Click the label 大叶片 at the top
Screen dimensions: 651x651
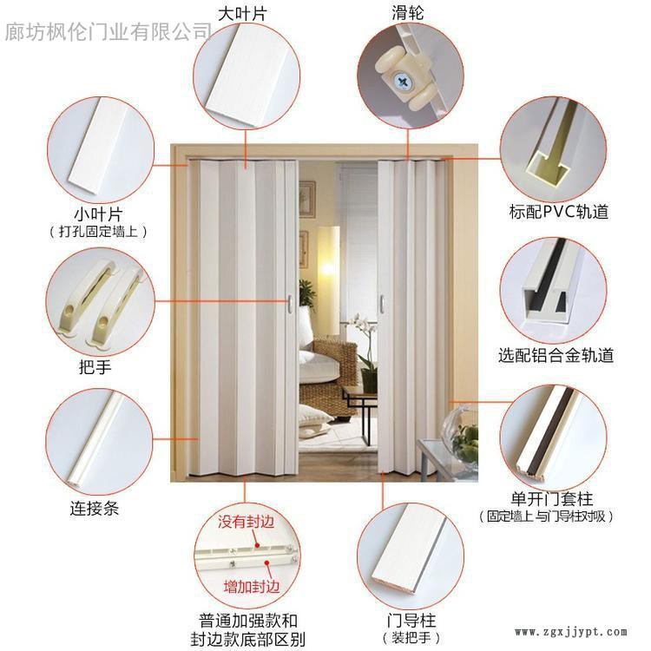(x=242, y=14)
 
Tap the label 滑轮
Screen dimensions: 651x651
(x=408, y=13)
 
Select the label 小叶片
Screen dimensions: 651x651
(x=98, y=214)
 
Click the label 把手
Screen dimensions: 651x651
(x=95, y=367)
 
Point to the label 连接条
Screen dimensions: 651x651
(x=95, y=508)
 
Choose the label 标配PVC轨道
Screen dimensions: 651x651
(x=559, y=211)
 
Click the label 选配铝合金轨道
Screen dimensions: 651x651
(x=556, y=355)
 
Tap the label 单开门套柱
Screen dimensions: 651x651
(x=552, y=498)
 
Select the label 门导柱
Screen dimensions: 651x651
(x=411, y=621)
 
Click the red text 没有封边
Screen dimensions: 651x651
(x=247, y=522)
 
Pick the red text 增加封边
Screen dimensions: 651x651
(x=252, y=587)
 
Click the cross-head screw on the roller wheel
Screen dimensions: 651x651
(x=402, y=80)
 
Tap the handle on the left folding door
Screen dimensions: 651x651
(x=290, y=304)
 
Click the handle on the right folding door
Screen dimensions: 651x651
(x=382, y=304)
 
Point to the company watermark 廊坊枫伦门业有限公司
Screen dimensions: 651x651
(x=108, y=32)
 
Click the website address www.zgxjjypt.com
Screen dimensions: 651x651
(x=571, y=632)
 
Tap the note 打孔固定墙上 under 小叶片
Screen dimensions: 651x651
(x=98, y=231)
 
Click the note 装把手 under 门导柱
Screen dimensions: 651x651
(x=411, y=637)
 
